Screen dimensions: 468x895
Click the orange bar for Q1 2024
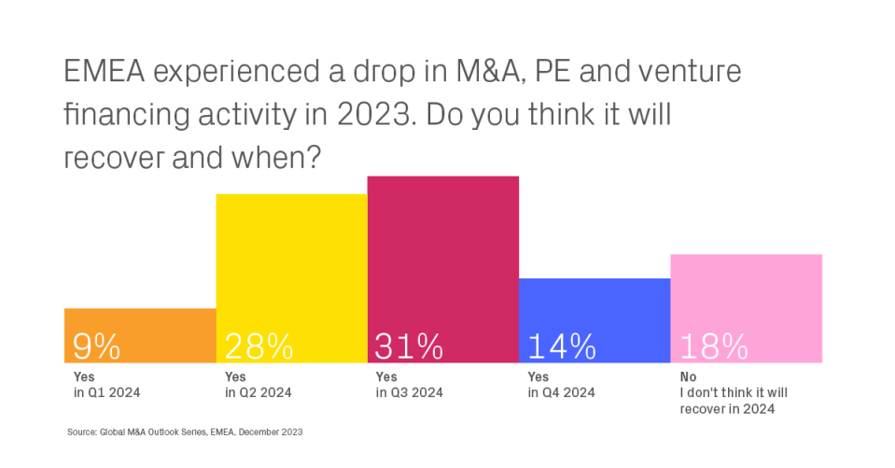(140, 322)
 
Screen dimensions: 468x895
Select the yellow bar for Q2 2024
(291, 262)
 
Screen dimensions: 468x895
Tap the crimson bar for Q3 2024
(442, 252)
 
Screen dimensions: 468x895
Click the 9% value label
(96, 347)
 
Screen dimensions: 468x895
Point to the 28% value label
(259, 347)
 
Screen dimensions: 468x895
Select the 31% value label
(409, 347)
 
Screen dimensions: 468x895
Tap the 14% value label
(562, 347)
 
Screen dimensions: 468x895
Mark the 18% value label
(714, 347)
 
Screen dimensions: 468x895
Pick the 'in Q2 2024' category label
(259, 393)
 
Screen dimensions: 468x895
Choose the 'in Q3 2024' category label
(410, 393)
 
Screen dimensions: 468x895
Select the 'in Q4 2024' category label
(563, 393)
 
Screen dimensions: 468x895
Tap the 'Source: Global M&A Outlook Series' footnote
(185, 433)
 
